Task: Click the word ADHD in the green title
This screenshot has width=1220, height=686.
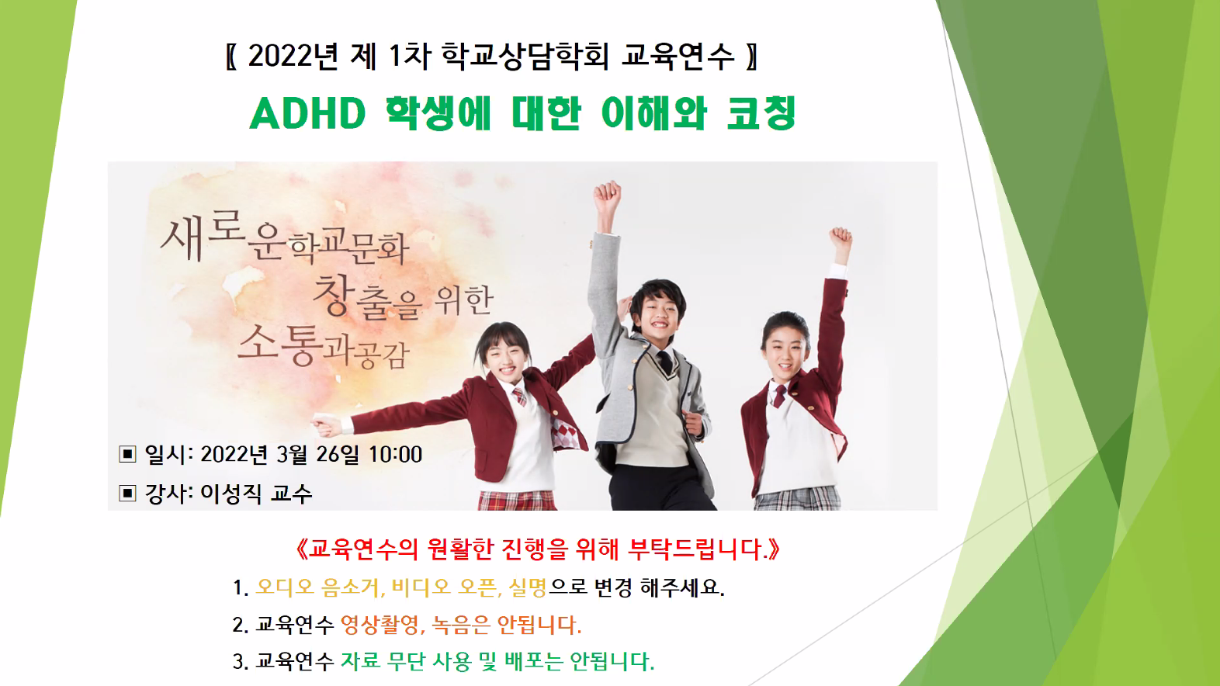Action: pos(308,114)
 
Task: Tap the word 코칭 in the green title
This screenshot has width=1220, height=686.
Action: pos(761,113)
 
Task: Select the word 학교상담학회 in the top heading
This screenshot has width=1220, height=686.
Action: pos(525,56)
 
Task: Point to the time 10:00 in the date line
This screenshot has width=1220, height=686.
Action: pos(395,455)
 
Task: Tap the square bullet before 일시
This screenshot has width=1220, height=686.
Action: pos(127,453)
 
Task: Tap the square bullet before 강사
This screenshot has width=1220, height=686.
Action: pos(127,494)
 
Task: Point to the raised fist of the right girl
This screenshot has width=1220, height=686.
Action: pos(841,241)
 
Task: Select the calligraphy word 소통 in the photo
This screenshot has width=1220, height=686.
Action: pos(277,345)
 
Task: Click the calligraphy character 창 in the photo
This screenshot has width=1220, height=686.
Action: pos(331,294)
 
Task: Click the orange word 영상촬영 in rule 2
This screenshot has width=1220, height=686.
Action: pos(381,625)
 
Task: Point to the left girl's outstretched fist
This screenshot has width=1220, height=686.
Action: pos(327,425)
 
